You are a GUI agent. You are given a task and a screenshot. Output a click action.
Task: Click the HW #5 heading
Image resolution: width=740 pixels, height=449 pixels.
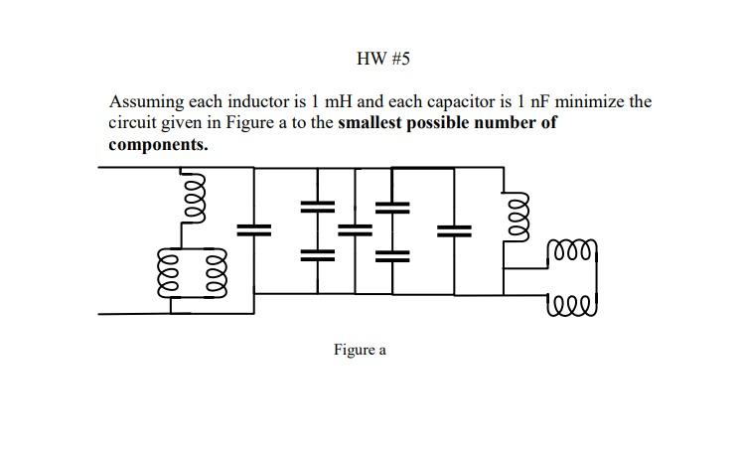[x=382, y=59]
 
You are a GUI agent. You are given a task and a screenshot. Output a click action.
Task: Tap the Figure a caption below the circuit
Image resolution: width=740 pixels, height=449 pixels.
[x=359, y=350]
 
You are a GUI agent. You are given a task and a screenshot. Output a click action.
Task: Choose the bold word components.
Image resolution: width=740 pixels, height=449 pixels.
[x=158, y=144]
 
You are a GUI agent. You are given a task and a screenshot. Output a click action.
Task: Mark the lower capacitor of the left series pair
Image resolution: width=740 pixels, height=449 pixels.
[x=318, y=253]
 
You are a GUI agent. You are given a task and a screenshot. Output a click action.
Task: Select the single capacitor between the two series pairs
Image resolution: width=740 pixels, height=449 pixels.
[x=353, y=229]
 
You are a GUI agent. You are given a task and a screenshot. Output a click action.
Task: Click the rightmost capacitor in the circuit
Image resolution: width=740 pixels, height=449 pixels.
[x=454, y=229]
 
